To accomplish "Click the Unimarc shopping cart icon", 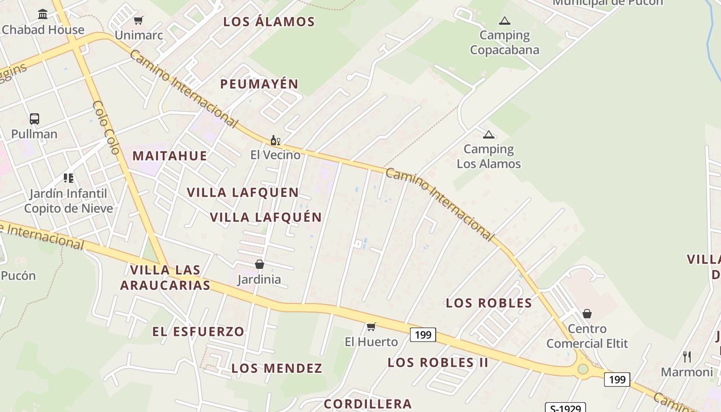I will coord(138,21).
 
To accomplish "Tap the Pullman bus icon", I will coord(35,119).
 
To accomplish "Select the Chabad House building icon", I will coord(43,14).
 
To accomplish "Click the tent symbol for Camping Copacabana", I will coord(505,21).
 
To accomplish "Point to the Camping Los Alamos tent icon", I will coord(489,135).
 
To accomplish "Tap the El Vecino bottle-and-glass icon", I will coord(276,140).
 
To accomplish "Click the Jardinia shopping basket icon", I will coord(260,264).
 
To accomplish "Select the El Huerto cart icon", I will coord(371,327).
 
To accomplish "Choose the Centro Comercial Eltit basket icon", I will coord(587,313).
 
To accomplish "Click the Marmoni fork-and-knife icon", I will coord(686,356).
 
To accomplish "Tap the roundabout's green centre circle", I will coord(583,369).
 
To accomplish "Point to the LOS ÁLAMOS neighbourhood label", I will coord(269,22).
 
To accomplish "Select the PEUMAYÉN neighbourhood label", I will coord(260,84).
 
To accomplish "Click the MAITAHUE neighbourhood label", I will coord(170,156).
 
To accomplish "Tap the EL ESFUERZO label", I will coord(198,332).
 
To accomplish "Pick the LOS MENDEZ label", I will coord(277,368).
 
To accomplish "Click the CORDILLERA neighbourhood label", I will coord(368,404).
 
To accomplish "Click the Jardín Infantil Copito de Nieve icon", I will coord(68,178).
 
